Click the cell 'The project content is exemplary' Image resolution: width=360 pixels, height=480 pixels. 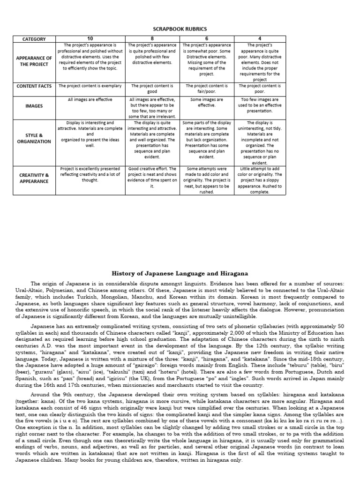(90, 86)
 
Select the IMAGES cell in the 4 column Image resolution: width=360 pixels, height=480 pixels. (259, 105)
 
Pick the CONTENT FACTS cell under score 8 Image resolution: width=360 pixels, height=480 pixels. (152, 89)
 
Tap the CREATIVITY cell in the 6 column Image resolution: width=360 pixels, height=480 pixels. (207, 180)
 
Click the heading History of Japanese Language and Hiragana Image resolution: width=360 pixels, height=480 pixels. (180, 273)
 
